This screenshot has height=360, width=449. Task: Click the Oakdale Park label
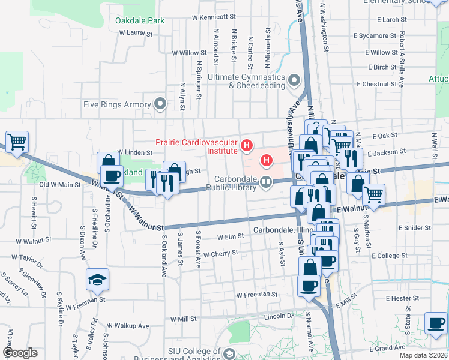click(x=140, y=21)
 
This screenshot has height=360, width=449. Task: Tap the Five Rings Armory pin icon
click(x=160, y=104)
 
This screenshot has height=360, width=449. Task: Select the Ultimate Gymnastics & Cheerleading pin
click(x=294, y=80)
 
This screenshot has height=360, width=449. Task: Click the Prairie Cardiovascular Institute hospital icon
click(x=246, y=145)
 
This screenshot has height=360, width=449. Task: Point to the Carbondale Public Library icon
click(x=265, y=182)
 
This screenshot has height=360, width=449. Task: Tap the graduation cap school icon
click(x=97, y=280)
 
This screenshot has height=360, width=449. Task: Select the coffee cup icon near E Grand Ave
click(x=436, y=323)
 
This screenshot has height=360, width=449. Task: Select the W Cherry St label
click(x=221, y=254)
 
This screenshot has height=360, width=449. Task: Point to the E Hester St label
click(x=402, y=298)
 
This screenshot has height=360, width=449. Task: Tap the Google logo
click(x=20, y=353)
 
